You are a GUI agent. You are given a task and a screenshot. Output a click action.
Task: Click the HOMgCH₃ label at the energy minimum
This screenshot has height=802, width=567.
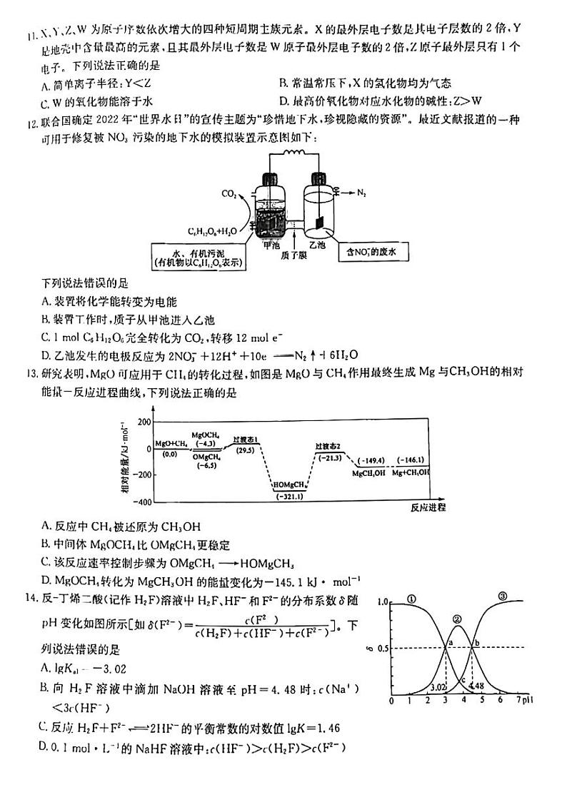pyautogui.click(x=289, y=486)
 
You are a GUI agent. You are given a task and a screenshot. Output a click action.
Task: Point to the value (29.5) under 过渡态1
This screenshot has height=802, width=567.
pyautogui.click(x=244, y=451)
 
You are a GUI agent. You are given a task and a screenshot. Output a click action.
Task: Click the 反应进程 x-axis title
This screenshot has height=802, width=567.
pyautogui.click(x=428, y=508)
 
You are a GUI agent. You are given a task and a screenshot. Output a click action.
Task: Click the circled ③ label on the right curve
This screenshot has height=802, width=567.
pyautogui.click(x=502, y=597)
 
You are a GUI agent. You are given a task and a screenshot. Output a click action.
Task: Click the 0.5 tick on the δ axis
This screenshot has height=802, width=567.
pyautogui.click(x=383, y=648)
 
